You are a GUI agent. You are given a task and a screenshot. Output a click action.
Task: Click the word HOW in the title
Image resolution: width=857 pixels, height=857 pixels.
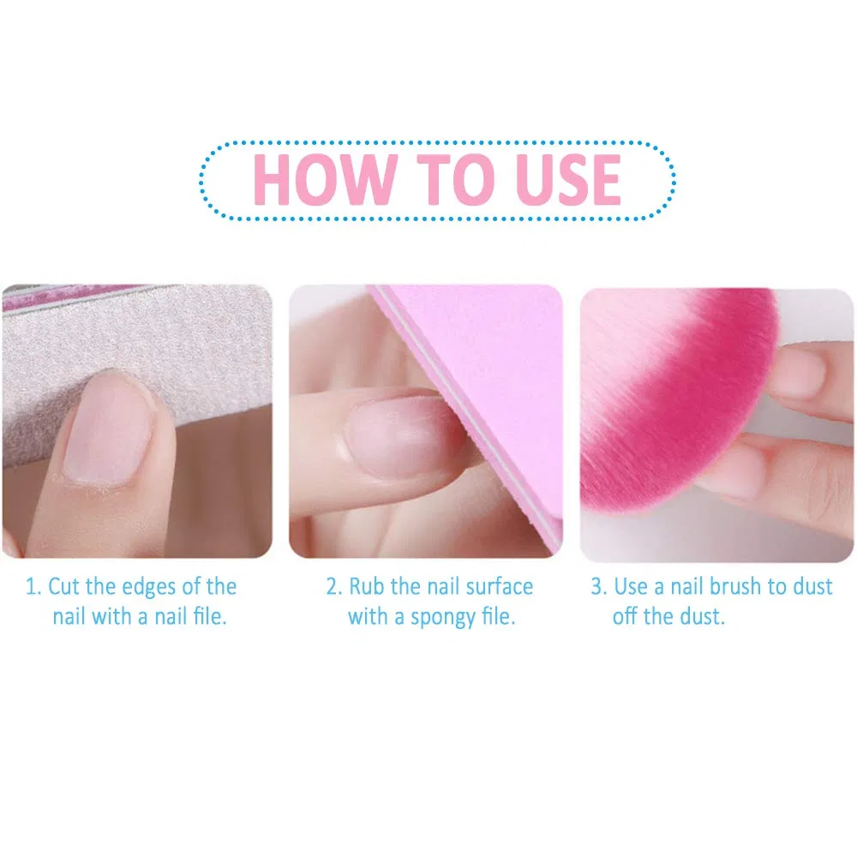point(325,179)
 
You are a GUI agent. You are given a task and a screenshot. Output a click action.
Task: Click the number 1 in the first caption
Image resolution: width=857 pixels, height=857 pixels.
point(33,587)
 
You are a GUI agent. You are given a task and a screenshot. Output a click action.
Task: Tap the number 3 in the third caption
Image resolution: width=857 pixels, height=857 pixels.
point(598,587)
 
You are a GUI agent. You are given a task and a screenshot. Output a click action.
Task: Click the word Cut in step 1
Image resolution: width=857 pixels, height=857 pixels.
point(64,587)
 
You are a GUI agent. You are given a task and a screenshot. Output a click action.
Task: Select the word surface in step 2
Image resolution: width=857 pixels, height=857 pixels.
point(500,587)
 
